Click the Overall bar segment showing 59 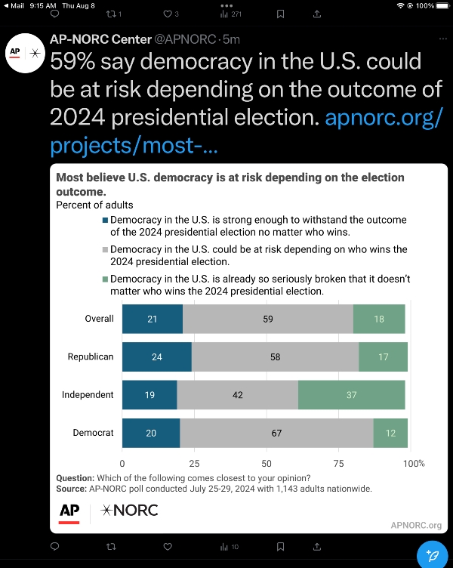pyautogui.click(x=268, y=319)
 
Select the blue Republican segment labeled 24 pyautogui.click(x=157, y=357)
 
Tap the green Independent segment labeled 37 pyautogui.click(x=351, y=394)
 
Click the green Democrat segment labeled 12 pyautogui.click(x=390, y=433)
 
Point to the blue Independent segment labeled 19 pyautogui.click(x=149, y=394)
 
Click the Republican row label pyautogui.click(x=91, y=357)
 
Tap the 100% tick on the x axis pyautogui.click(x=414, y=463)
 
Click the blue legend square pyautogui.click(x=106, y=221)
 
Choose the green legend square pyautogui.click(x=106, y=279)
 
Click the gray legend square pyautogui.click(x=106, y=250)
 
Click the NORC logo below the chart pyautogui.click(x=129, y=511)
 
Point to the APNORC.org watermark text pyautogui.click(x=416, y=525)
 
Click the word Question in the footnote pyautogui.click(x=75, y=478)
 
